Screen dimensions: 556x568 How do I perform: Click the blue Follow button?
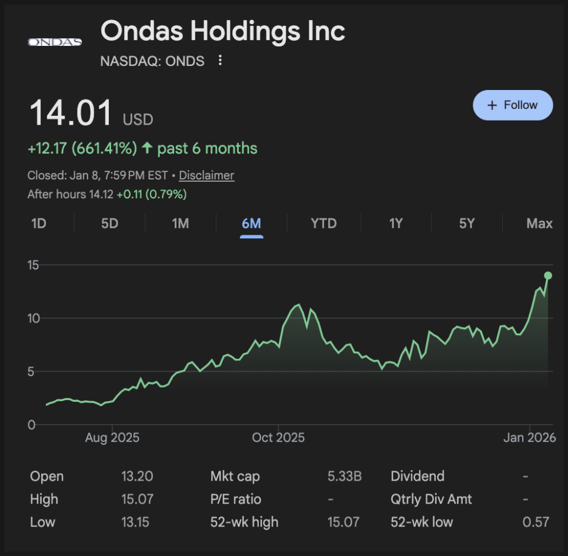[x=513, y=105]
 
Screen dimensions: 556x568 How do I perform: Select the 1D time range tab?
[x=39, y=224]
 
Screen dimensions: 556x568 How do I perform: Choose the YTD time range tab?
[x=323, y=224]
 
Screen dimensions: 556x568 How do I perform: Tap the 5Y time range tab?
[x=466, y=224]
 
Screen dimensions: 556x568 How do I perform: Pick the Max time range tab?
[x=539, y=224]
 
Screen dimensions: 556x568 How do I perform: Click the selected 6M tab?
[x=251, y=224]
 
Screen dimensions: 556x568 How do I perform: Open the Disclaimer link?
[x=206, y=175]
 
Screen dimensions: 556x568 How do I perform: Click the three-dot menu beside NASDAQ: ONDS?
[x=220, y=61]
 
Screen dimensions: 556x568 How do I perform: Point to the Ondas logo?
[x=55, y=42]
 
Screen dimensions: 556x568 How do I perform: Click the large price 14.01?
[x=71, y=113]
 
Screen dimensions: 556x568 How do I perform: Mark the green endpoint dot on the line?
[x=548, y=275]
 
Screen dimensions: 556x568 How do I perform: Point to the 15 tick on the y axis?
[x=34, y=265]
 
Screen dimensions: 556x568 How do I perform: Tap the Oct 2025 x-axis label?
[x=278, y=438]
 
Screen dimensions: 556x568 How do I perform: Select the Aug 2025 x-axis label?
[x=112, y=438]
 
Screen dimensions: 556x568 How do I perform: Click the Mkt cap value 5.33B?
[x=344, y=476]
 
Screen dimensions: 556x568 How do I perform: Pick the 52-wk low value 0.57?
[x=536, y=522]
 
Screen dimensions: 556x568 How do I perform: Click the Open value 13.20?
[x=133, y=476]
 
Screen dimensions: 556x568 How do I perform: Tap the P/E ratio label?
[x=235, y=499]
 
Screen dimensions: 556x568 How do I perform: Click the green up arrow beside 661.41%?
[x=146, y=148]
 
